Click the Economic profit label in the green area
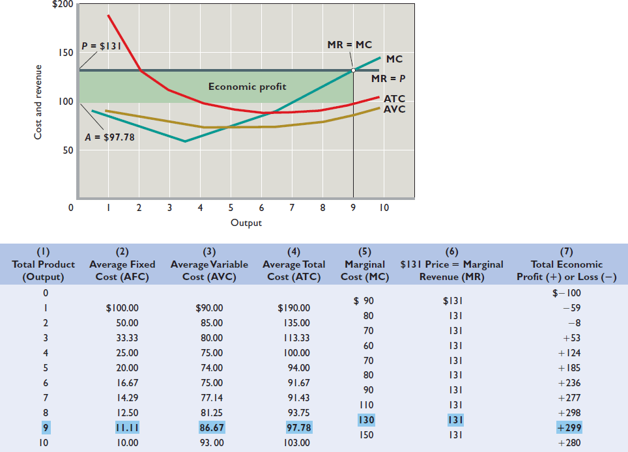(x=247, y=87)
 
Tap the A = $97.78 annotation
(x=109, y=137)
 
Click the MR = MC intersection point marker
(x=353, y=70)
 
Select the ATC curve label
(x=394, y=99)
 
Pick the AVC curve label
(x=394, y=109)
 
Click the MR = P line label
(x=389, y=78)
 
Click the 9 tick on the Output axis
(x=353, y=208)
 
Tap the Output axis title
(x=246, y=223)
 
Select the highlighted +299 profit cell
(x=569, y=428)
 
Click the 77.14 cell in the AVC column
(x=209, y=398)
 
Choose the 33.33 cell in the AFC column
(x=122, y=338)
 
